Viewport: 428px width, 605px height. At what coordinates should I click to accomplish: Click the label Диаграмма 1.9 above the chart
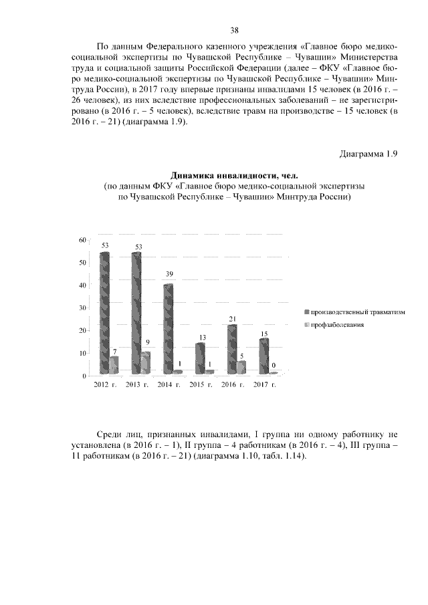tap(368, 155)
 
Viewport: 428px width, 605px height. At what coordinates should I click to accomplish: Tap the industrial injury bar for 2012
tap(105, 313)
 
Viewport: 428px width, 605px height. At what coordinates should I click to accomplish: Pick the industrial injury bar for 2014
tap(169, 329)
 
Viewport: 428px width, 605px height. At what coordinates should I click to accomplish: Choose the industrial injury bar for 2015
tap(200, 358)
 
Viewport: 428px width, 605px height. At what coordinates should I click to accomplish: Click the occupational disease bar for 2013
tap(146, 362)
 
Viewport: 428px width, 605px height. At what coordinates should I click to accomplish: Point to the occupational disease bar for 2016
tap(241, 367)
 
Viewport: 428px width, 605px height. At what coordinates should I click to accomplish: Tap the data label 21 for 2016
tap(233, 318)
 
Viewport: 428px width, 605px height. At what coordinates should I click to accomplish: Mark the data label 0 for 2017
tap(274, 365)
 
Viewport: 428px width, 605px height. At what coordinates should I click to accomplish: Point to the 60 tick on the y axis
tap(82, 239)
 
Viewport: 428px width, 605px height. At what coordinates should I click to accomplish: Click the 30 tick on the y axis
tap(82, 308)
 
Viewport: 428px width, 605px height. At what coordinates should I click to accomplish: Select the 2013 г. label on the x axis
tap(137, 386)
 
